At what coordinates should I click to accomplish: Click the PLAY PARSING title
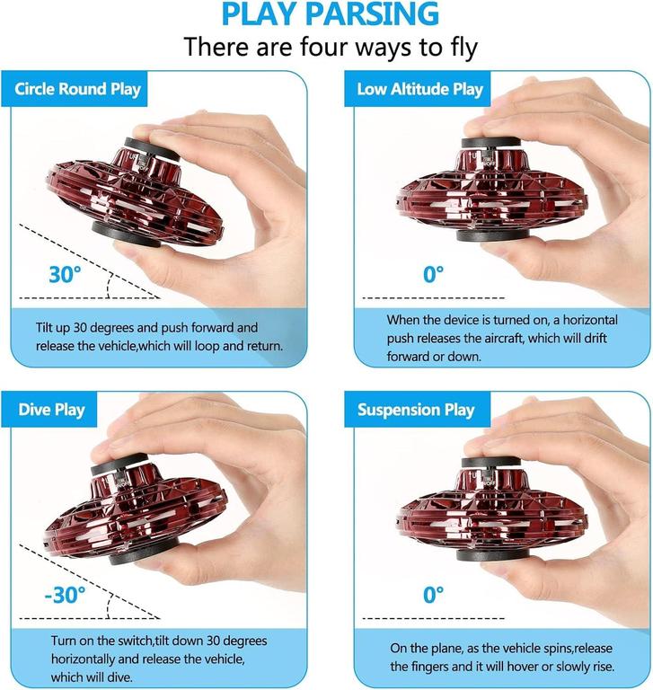[x=331, y=14]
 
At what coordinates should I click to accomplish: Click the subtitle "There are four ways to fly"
[x=331, y=47]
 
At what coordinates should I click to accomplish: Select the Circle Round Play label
[x=77, y=89]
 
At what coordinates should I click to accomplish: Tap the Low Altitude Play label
[x=420, y=89]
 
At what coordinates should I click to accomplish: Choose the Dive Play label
[x=51, y=410]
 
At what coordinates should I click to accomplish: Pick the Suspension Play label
[x=416, y=410]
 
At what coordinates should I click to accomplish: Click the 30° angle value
[x=66, y=274]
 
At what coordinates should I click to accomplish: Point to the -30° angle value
[x=66, y=595]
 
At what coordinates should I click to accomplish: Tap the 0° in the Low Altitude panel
[x=434, y=274]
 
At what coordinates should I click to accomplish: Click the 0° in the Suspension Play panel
[x=434, y=595]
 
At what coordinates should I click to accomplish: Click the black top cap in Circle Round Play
[x=152, y=149]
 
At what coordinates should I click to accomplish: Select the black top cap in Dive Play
[x=118, y=464]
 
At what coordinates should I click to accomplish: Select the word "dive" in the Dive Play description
[x=119, y=677]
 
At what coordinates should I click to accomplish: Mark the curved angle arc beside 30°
[x=109, y=285]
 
